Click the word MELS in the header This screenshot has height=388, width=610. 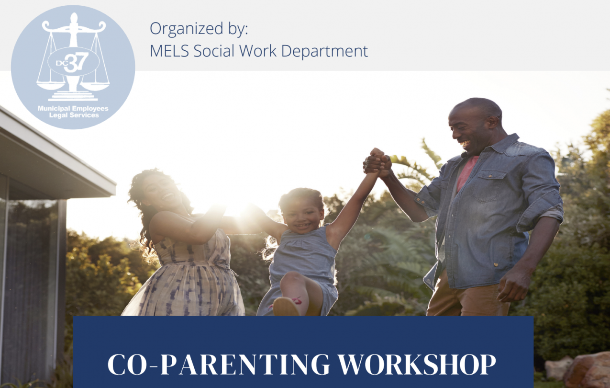pos(169,51)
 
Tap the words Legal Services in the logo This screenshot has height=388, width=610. pos(74,115)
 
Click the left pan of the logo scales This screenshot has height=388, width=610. pos(51,86)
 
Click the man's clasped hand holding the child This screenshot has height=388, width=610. pos(377,163)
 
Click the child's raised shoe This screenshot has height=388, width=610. pos(286,307)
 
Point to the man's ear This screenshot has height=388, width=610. pos(493,123)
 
